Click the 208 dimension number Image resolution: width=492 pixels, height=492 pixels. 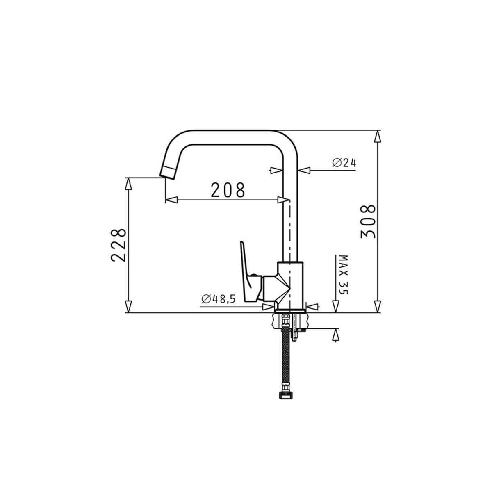(228, 190)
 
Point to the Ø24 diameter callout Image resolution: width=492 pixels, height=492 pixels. (344, 162)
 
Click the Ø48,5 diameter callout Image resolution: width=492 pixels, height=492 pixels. (218, 299)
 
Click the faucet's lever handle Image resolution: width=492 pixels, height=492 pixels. (249, 272)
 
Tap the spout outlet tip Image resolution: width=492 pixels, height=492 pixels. (167, 173)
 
